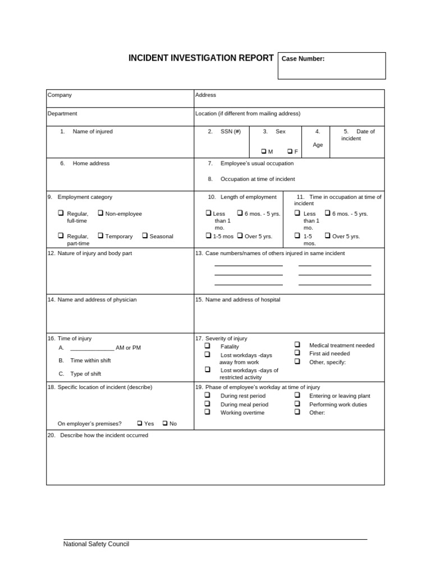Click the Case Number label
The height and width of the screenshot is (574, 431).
302,59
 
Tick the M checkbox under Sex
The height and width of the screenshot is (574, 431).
263,151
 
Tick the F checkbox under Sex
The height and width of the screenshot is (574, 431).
290,151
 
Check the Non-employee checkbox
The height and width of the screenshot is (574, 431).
100,213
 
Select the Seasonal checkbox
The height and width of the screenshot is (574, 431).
145,235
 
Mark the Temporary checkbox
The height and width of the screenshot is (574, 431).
100,235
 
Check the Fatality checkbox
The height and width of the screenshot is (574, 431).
208,346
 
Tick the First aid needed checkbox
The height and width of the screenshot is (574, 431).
297,353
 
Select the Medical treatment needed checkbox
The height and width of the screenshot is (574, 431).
297,345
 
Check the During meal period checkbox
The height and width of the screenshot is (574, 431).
208,404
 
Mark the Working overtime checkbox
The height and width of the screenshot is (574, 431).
208,412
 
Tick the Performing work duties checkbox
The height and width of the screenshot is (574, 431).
297,404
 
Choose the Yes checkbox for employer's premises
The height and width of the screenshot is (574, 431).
139,423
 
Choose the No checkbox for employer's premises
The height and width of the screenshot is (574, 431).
165,423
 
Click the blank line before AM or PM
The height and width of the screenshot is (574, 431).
92,349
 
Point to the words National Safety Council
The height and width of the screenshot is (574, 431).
96,544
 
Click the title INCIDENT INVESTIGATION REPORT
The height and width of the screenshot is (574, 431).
201,58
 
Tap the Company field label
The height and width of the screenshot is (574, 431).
59,95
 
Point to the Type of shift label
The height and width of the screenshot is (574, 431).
85,374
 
